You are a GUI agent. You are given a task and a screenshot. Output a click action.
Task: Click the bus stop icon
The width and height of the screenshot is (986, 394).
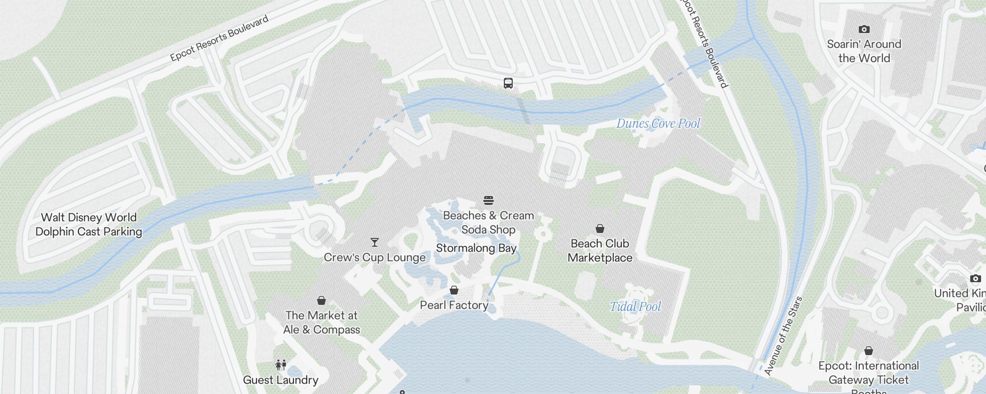coord(508,83)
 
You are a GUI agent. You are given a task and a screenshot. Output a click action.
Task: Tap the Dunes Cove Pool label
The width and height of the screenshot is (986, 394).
coord(658,124)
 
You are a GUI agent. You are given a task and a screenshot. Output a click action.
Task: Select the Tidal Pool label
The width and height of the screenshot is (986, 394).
coord(635,307)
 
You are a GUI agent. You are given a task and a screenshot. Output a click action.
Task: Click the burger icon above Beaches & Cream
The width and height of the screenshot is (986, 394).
coord(489,200)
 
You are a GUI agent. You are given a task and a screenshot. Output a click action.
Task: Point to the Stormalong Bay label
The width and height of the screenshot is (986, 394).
coord(476,248)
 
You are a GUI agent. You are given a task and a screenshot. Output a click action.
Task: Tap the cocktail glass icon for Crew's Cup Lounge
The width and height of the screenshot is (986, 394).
coord(375,242)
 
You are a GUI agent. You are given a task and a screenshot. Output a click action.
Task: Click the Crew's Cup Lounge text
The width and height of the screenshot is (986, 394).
coord(375,258)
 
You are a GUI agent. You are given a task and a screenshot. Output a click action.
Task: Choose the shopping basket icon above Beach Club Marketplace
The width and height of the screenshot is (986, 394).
coord(600,229)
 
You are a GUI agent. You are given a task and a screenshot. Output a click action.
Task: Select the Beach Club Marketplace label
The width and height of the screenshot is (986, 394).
coord(600,251)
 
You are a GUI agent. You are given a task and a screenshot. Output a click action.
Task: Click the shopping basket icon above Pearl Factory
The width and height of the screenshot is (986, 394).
coord(454,290)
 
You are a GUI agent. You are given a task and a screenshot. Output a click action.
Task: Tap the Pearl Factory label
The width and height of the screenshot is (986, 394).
coord(454,305)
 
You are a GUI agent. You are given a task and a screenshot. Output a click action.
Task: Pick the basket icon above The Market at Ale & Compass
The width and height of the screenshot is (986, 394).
coord(321,300)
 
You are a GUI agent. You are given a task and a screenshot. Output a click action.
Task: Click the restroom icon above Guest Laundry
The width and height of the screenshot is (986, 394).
coord(281,365)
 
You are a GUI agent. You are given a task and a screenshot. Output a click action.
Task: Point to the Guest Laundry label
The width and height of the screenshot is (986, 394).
coord(281,380)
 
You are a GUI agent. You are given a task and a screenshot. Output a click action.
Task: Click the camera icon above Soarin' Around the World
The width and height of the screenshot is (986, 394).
coord(864,29)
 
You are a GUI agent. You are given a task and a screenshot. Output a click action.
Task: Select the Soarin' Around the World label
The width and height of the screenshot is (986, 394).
coord(864,51)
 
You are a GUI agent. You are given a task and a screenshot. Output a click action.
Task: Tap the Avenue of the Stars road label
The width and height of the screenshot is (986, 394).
coord(783,336)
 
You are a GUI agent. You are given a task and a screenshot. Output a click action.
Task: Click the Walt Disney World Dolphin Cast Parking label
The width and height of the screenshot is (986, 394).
coord(89,225)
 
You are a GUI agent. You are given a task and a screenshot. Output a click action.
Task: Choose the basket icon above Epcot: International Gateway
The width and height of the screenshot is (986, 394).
coord(869,351)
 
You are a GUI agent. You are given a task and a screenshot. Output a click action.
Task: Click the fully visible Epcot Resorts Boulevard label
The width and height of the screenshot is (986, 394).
coord(219,38)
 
